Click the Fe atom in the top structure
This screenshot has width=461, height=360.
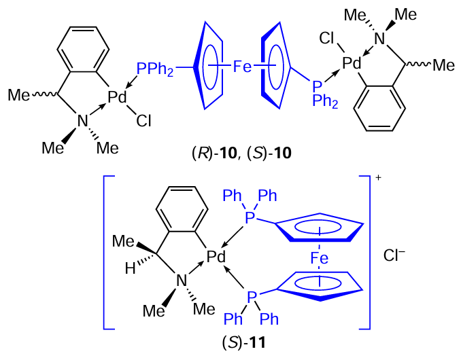[x=243, y=66]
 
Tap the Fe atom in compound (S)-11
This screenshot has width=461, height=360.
[x=319, y=258]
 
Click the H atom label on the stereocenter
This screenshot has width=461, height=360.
[x=131, y=269]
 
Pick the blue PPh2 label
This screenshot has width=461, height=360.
[x=155, y=68]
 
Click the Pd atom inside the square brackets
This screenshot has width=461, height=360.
[x=216, y=257]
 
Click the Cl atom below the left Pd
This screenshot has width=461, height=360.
[x=143, y=122]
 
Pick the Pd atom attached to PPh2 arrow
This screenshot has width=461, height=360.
[x=118, y=98]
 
